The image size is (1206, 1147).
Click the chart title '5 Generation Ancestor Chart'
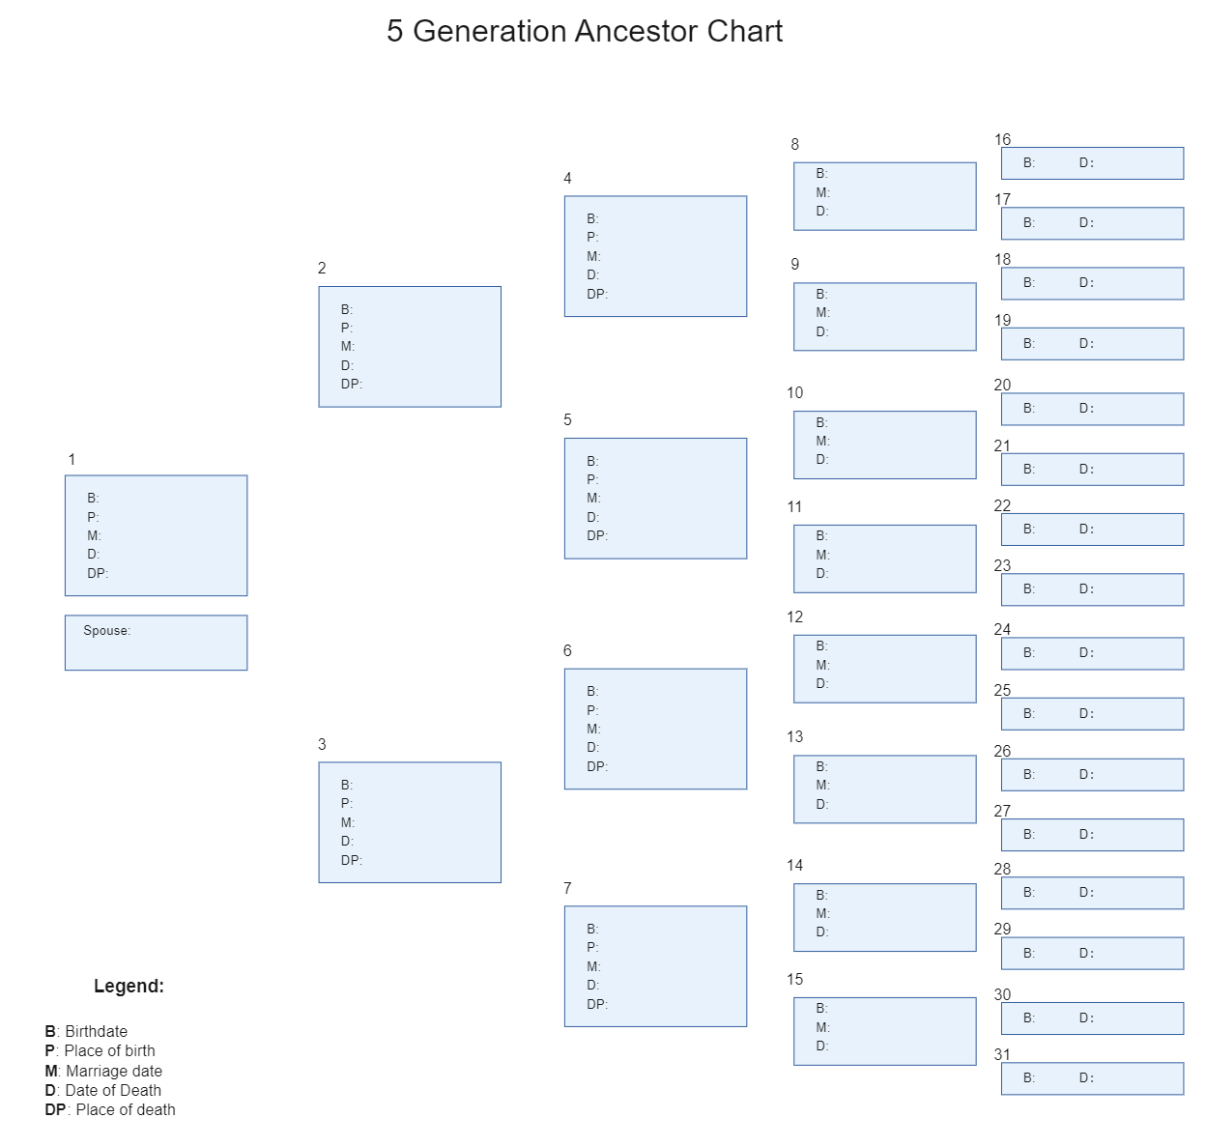[584, 31]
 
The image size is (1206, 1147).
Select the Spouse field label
[106, 631]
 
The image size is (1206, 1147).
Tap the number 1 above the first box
[72, 459]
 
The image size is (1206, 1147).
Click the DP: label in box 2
[352, 384]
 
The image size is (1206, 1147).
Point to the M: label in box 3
[348, 822]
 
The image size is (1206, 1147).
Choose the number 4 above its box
[567, 178]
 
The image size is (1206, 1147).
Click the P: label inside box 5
[592, 479]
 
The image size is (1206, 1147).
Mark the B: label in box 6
[592, 691]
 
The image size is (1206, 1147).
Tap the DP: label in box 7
[597, 1004]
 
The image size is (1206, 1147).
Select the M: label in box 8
[822, 192]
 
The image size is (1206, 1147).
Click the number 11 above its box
[794, 506]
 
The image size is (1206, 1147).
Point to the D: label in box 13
[822, 804]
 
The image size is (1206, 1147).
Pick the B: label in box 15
[822, 1009]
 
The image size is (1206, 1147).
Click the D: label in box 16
[1086, 162]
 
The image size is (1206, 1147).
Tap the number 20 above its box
[1002, 385]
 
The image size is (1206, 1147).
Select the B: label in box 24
[1029, 652]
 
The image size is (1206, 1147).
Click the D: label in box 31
[1086, 1077]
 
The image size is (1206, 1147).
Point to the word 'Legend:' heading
[129, 986]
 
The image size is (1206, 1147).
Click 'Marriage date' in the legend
[114, 1071]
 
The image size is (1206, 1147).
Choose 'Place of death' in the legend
[126, 1109]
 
